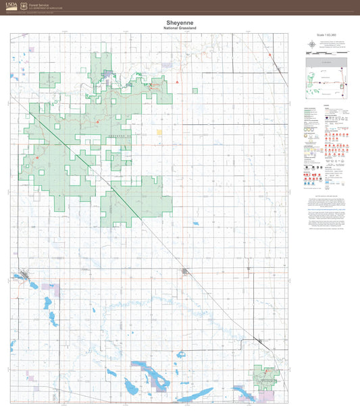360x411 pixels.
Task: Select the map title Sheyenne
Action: click(x=180, y=22)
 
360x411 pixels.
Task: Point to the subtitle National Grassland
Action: click(x=180, y=28)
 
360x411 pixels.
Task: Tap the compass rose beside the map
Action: click(x=311, y=45)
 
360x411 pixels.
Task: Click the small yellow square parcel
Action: click(x=159, y=132)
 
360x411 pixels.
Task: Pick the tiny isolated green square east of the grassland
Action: click(x=195, y=90)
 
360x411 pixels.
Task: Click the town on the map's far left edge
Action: click(x=24, y=275)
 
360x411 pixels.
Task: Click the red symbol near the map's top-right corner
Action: click(x=269, y=55)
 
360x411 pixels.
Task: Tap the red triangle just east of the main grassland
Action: click(x=177, y=82)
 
